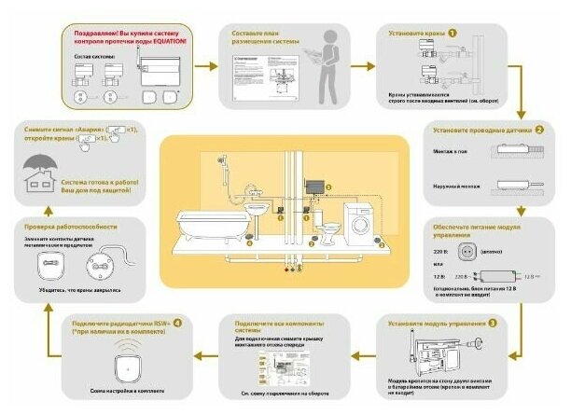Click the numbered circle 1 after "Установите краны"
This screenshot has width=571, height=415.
[453, 33]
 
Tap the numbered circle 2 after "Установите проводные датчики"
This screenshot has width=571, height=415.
[538, 130]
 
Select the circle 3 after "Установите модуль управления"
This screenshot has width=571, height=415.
[492, 323]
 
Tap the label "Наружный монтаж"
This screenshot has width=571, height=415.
[456, 186]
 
